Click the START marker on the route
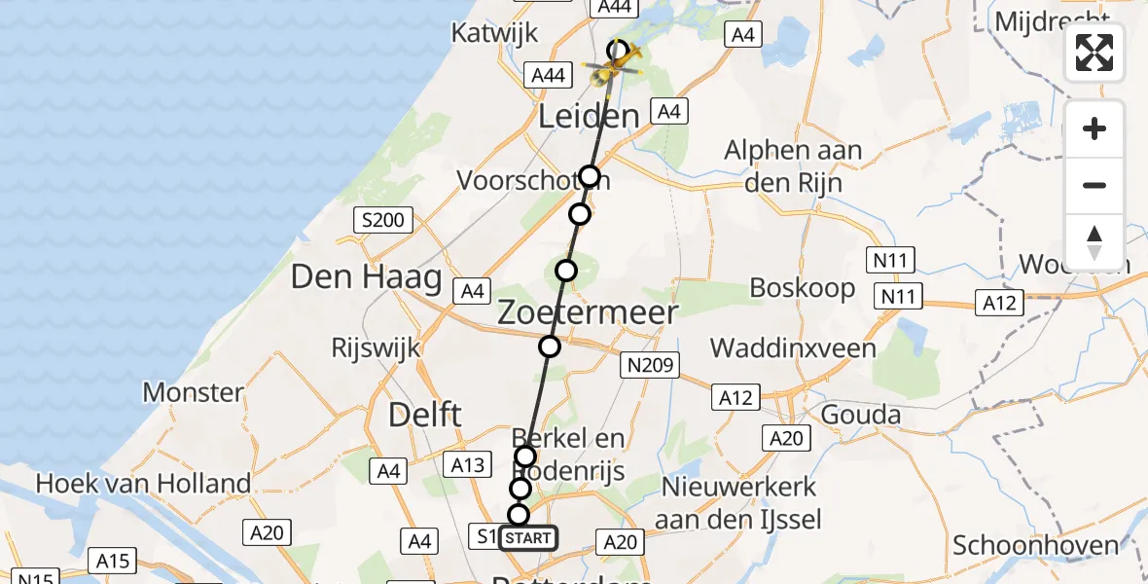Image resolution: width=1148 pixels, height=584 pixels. tap(528, 538)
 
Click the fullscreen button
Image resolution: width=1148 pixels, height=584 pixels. tap(1094, 53)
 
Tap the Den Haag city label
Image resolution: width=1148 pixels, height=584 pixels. tap(366, 279)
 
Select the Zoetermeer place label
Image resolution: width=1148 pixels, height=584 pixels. tap(589, 312)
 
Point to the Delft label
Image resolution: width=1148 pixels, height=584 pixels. tap(424, 414)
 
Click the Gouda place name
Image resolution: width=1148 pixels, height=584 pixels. tap(860, 415)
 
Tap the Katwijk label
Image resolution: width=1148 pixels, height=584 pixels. tap(494, 33)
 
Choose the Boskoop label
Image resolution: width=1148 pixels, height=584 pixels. tap(803, 288)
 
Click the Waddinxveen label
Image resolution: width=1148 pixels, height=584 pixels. tap(793, 347)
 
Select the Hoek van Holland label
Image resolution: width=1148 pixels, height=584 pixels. tap(143, 483)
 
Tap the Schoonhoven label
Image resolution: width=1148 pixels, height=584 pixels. tap(1036, 545)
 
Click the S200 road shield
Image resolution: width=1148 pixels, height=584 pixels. tap(381, 220)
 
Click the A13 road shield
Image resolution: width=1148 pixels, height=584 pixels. tap(469, 465)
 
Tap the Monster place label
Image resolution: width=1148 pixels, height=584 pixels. tap(193, 392)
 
